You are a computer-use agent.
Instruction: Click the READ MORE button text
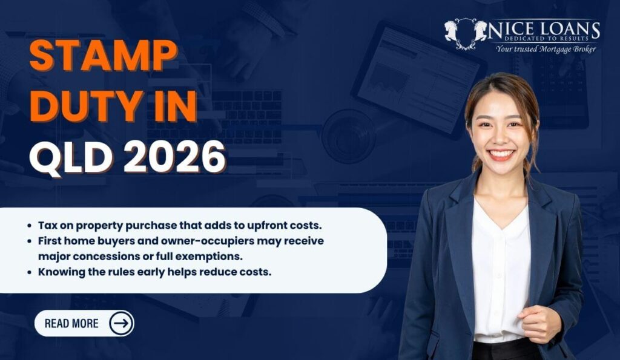coord(71,324)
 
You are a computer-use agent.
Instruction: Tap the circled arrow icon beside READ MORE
coord(121,324)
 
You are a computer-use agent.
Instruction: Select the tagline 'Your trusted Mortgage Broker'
coord(546,49)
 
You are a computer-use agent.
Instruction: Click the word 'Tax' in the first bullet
coord(47,225)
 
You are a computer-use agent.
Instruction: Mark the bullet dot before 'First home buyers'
coord(30,241)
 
